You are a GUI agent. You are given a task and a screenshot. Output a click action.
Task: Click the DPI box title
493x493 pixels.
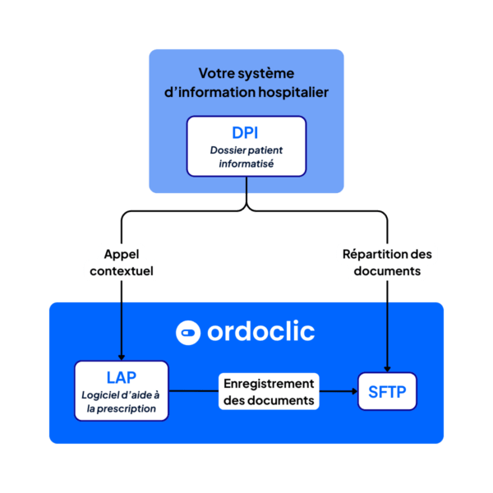click(x=246, y=132)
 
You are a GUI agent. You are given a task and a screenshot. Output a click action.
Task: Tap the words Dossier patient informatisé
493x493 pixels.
click(x=246, y=157)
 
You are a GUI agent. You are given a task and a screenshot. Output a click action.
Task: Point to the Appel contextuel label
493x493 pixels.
click(x=122, y=261)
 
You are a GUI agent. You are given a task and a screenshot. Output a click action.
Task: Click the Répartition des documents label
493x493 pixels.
click(x=386, y=261)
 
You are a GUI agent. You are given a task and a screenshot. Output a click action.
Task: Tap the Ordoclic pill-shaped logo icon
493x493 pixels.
click(x=188, y=333)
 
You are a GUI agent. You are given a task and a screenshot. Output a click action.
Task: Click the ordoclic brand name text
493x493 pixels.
click(x=260, y=332)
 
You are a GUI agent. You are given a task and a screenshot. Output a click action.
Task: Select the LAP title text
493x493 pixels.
click(x=122, y=377)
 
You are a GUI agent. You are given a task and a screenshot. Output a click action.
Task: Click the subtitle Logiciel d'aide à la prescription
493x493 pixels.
click(x=122, y=402)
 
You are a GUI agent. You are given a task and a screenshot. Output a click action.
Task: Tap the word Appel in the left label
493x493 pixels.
click(x=122, y=252)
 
